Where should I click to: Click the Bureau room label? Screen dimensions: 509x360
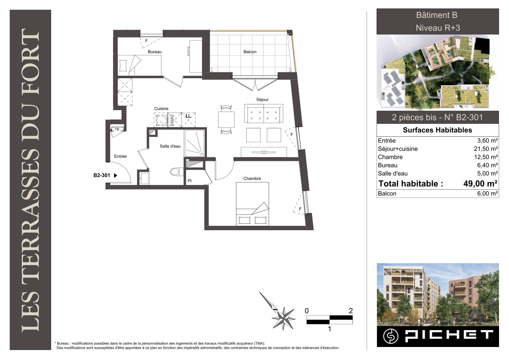click(x=154, y=52)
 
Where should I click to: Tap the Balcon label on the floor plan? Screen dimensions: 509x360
click(x=250, y=52)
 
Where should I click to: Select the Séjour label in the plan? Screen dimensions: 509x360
click(x=262, y=100)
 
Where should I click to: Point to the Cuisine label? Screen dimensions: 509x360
click(x=161, y=109)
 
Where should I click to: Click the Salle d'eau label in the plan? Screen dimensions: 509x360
click(x=170, y=146)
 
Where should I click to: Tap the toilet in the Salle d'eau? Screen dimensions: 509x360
click(x=177, y=172)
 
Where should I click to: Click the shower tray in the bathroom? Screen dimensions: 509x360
click(x=194, y=143)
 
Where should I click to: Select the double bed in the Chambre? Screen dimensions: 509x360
click(x=252, y=204)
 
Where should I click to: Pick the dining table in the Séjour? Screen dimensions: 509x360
click(x=226, y=119)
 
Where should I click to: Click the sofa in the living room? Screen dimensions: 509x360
click(x=264, y=113)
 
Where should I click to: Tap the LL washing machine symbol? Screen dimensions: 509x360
click(x=188, y=120)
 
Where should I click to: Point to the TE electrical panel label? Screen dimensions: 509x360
click(x=117, y=129)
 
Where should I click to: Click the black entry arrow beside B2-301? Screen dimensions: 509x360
click(x=115, y=175)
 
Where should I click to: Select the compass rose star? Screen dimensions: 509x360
click(x=283, y=319)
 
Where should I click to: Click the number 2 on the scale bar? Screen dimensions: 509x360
click(x=351, y=311)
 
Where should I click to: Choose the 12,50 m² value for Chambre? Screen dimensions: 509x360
click(x=486, y=157)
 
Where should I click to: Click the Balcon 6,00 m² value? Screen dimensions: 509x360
click(x=488, y=194)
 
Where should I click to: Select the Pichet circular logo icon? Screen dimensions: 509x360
click(x=391, y=336)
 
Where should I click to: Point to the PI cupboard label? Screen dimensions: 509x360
click(x=190, y=181)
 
